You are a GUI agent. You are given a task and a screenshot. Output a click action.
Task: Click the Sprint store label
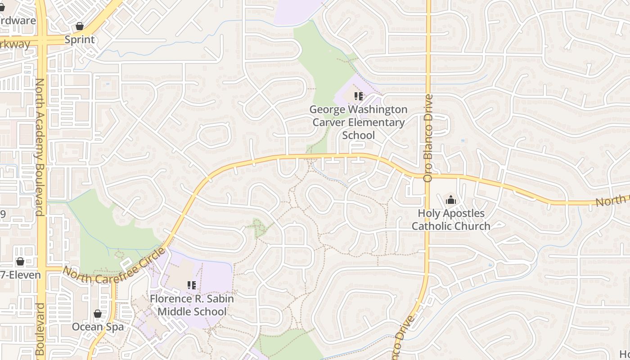pos(80,40)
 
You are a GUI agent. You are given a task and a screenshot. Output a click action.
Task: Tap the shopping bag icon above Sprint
pos(80,26)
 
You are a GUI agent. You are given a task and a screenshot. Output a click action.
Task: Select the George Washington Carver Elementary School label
pos(359,122)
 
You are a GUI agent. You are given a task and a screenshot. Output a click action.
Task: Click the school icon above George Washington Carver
pos(359,96)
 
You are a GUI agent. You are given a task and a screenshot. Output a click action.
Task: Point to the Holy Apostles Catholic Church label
pos(451,220)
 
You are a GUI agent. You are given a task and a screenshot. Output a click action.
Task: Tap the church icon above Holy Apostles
pos(451,200)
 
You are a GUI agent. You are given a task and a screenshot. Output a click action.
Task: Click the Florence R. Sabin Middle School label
pos(192,305)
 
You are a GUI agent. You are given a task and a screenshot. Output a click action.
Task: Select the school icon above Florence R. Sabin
pos(192,285)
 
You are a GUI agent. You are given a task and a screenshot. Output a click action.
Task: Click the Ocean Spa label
pos(98,327)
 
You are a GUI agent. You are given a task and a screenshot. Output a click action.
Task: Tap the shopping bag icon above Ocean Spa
pos(98,314)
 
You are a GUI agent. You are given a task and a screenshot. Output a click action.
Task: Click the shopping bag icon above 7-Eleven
pos(20,261)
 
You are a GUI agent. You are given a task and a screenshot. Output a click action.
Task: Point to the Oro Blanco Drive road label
pos(427,138)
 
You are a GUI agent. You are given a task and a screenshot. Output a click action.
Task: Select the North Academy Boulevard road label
pos(40,147)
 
